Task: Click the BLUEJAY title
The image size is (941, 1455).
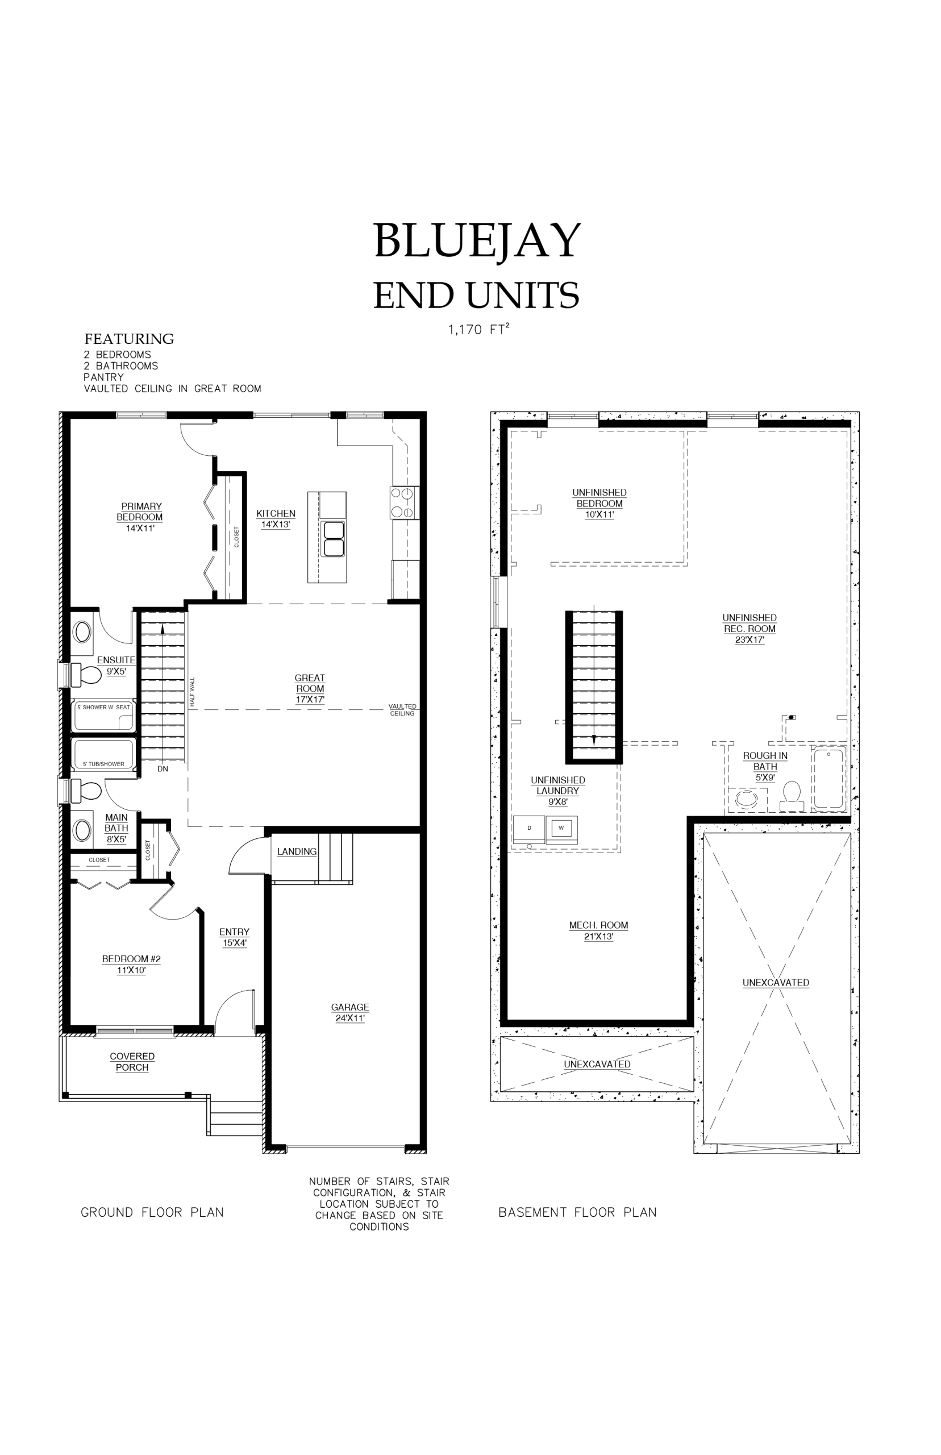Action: click(477, 241)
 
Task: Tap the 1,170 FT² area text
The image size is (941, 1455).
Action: click(478, 330)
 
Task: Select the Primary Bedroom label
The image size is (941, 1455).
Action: click(140, 517)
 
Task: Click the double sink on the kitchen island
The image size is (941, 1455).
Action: click(334, 539)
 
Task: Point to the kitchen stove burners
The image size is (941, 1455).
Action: click(405, 503)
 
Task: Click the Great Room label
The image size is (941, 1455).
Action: click(310, 689)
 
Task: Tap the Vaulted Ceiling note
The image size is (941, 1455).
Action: click(402, 709)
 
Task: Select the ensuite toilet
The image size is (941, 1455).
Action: click(86, 675)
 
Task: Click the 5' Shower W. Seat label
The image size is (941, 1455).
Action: click(104, 707)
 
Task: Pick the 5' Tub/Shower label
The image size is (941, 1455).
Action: click(104, 764)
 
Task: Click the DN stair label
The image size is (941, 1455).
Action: click(163, 769)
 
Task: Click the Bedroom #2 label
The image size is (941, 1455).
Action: click(131, 965)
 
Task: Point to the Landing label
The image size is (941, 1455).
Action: click(297, 852)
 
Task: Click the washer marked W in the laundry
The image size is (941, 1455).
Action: click(561, 829)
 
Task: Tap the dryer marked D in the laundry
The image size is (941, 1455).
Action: click(529, 829)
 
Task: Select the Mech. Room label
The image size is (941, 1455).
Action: click(599, 930)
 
